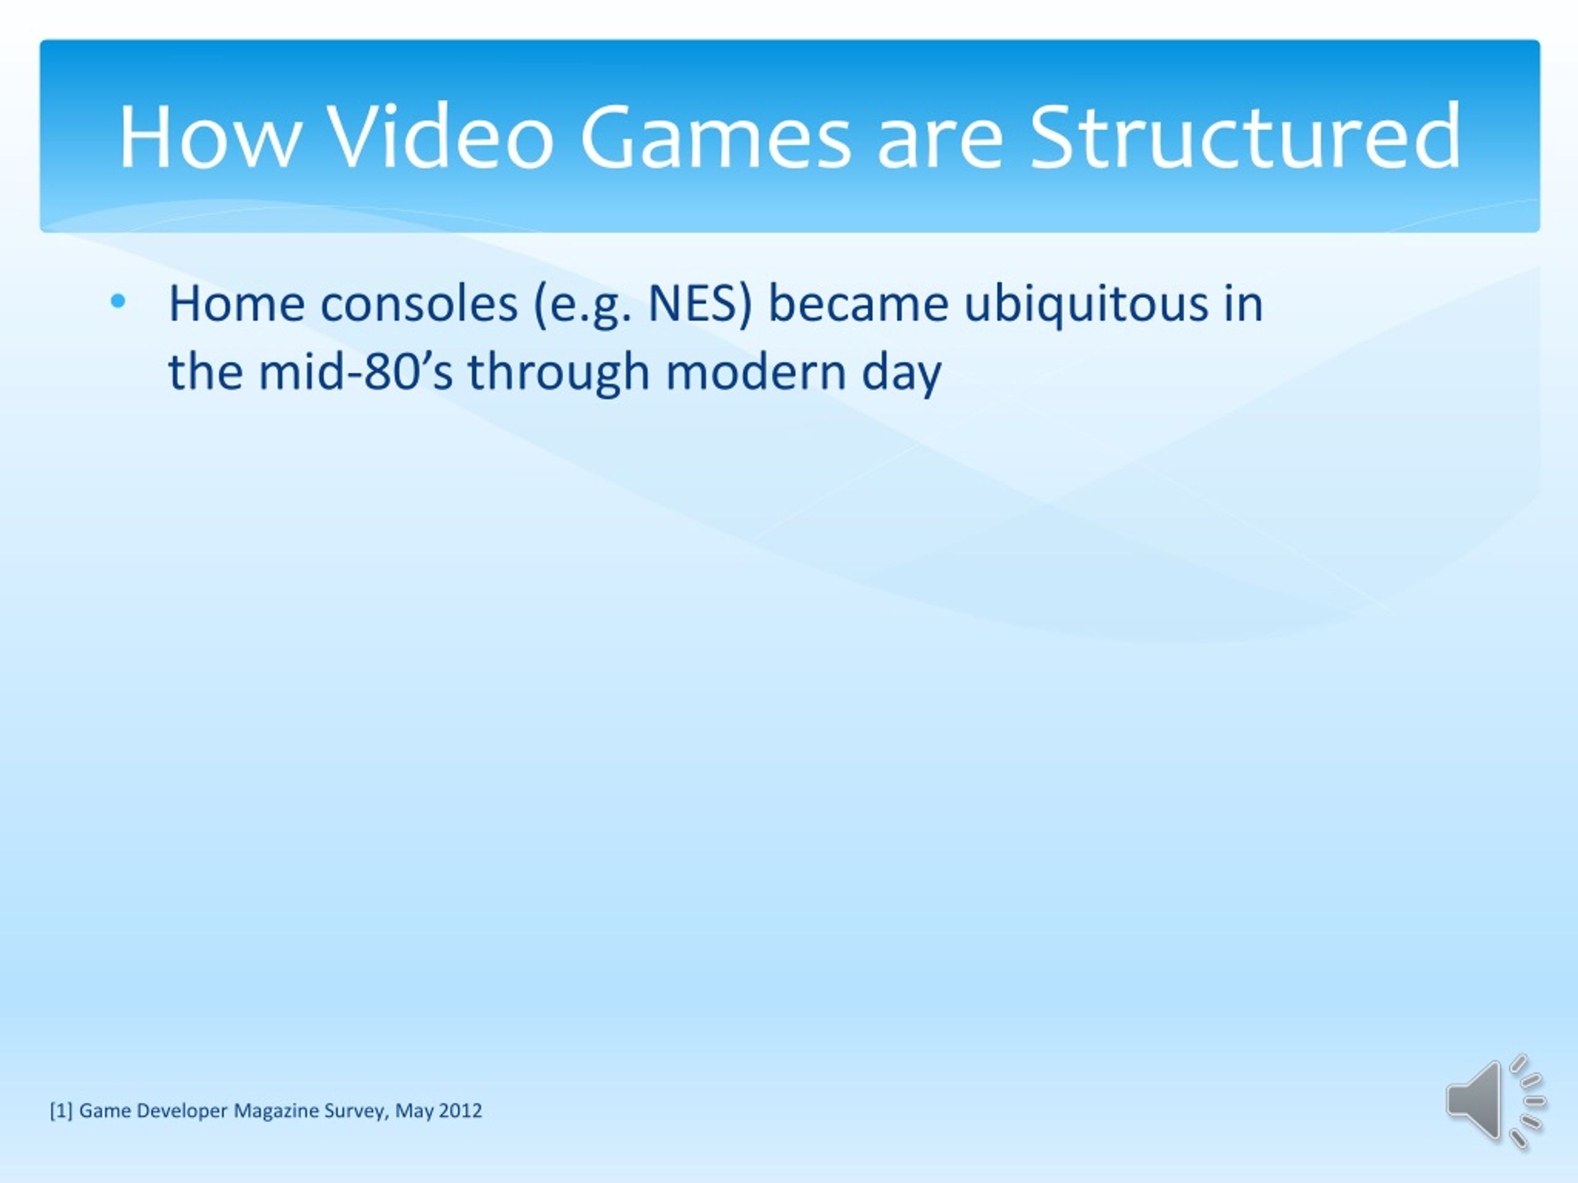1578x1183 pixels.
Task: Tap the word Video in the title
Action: tap(443, 136)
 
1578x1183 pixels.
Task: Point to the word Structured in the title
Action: tap(1246, 136)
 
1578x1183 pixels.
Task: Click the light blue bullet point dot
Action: tap(118, 302)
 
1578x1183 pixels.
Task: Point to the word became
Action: tap(858, 304)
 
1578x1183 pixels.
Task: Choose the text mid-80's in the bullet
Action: tap(355, 372)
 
